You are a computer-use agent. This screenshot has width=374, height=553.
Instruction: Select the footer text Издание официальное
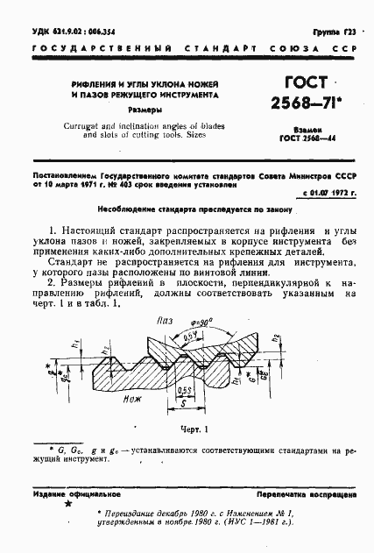tap(70, 495)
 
